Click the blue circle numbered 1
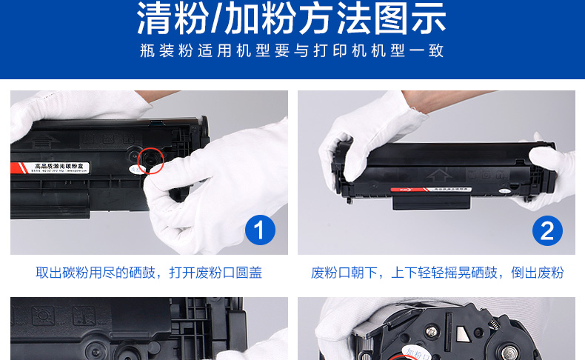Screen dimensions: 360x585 [259, 231]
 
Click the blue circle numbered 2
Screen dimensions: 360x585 [547, 231]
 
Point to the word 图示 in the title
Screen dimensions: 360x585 [415, 20]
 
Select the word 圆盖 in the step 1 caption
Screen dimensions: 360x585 [249, 273]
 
